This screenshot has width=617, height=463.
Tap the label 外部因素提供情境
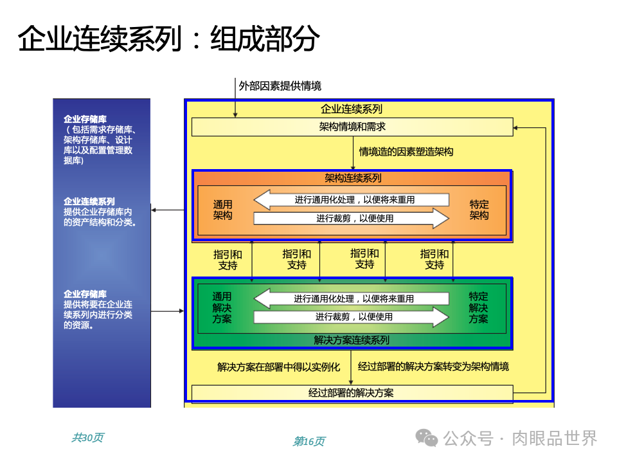coord(280,86)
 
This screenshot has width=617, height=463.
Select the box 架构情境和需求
coord(352,127)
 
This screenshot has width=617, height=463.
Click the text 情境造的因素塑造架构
coord(406,152)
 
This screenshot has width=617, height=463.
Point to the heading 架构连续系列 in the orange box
coord(352,178)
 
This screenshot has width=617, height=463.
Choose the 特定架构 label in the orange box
coord(479,210)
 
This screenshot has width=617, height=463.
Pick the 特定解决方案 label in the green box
coord(478,307)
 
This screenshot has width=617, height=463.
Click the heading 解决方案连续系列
coord(352,340)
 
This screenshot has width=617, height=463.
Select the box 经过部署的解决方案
coord(352,393)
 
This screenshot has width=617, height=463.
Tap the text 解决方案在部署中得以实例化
coord(278,367)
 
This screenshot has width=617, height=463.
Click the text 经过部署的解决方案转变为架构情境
coord(433,367)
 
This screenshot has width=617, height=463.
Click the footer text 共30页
coord(87,438)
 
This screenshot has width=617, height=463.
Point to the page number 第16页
coord(309,441)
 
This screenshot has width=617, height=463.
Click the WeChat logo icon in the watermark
coord(426,438)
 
